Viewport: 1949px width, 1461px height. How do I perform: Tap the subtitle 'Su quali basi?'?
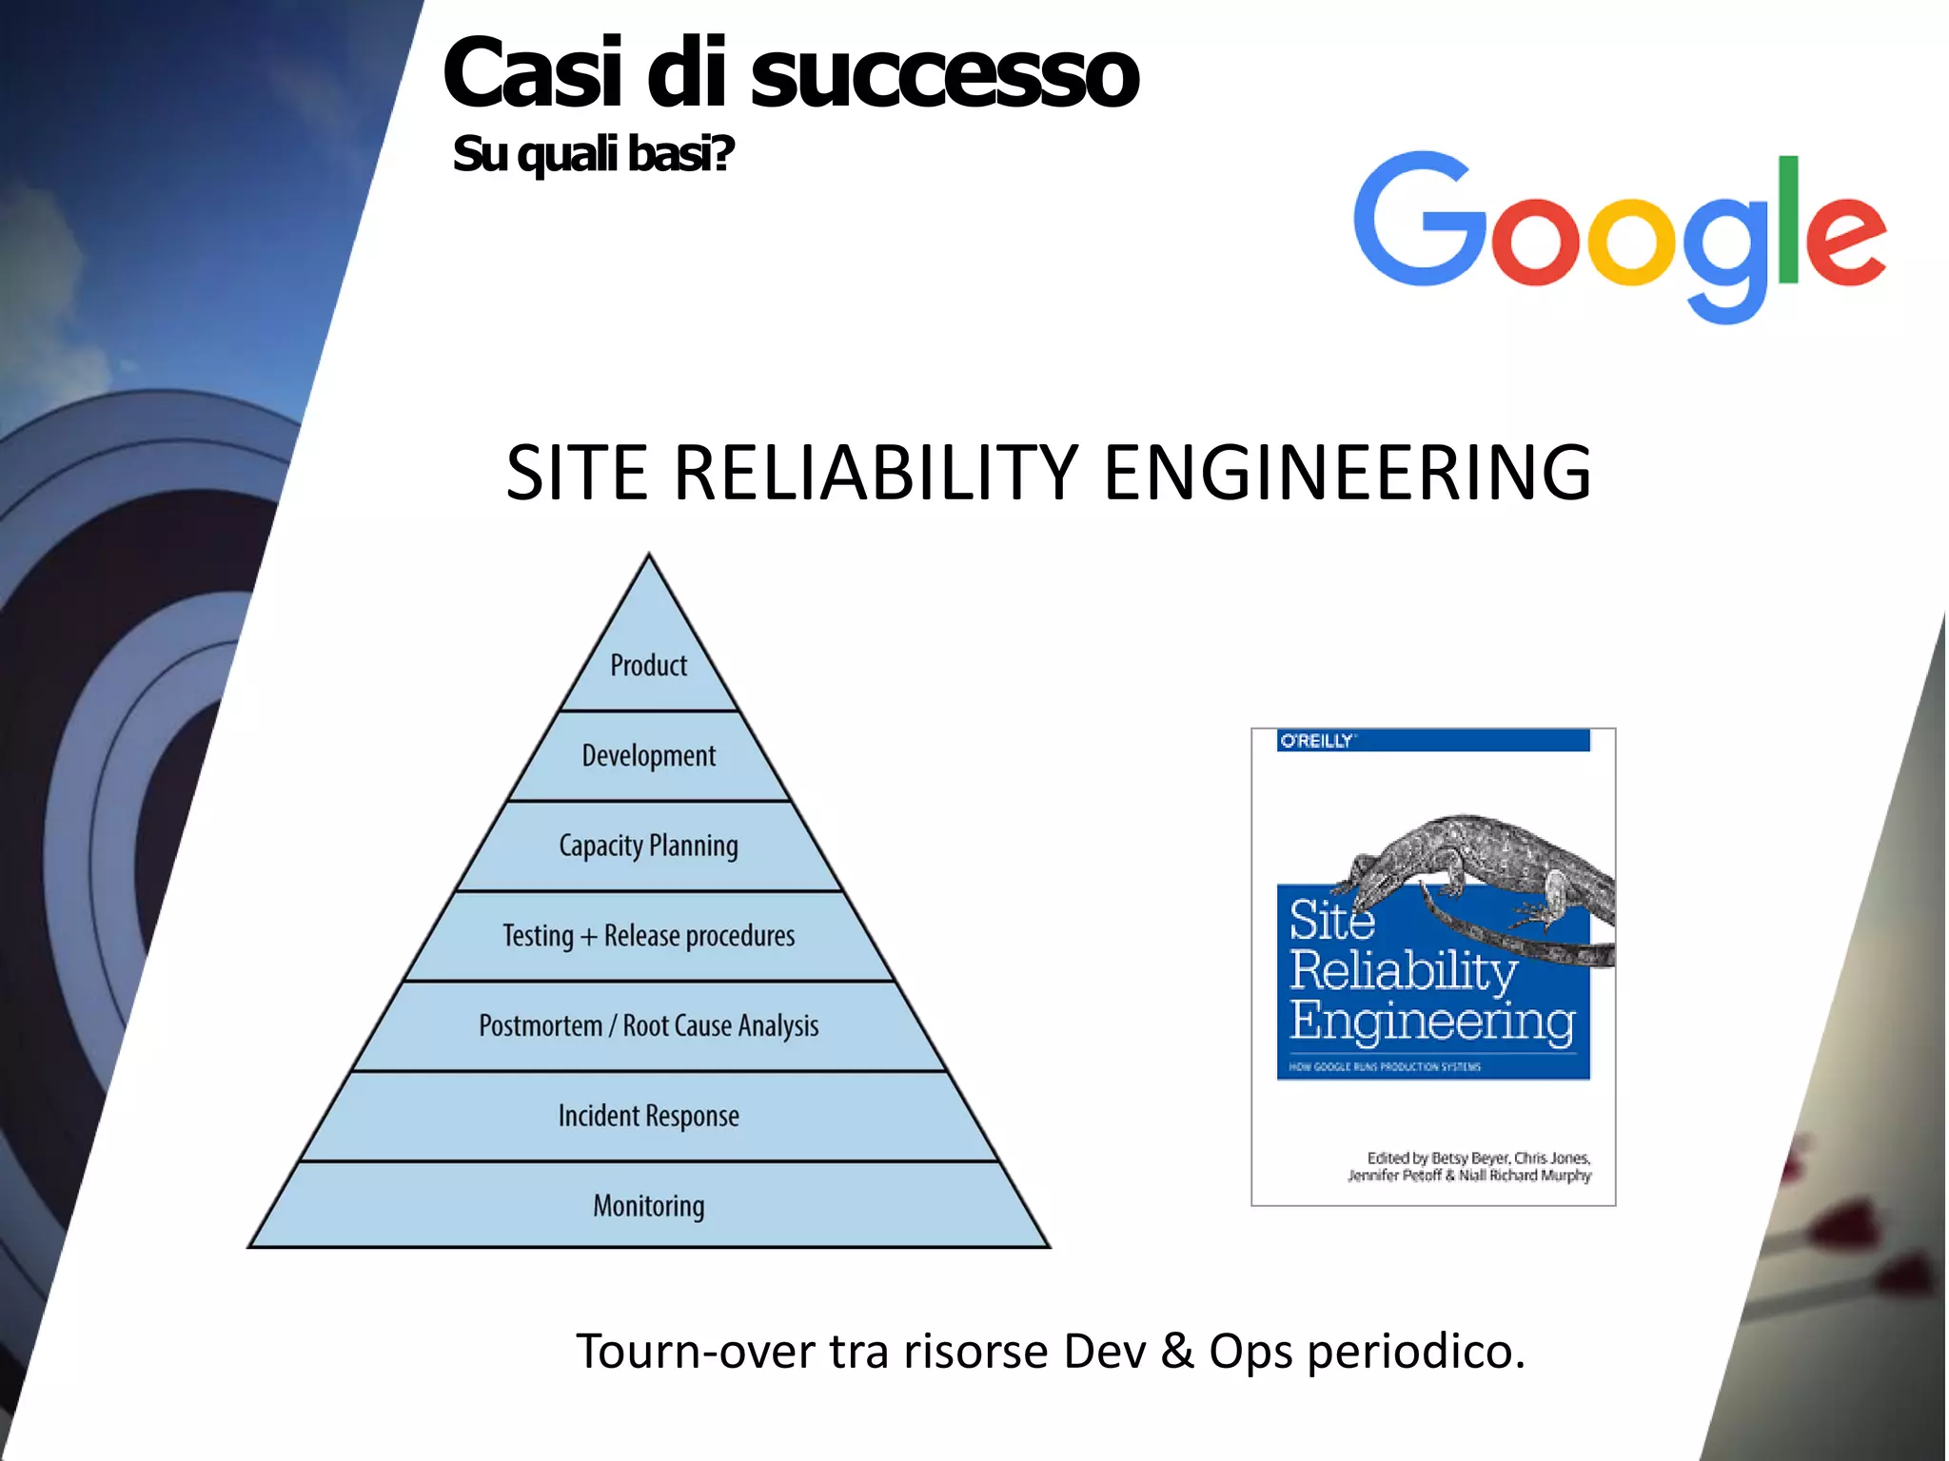[592, 154]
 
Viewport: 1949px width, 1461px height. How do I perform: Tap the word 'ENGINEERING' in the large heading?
[1347, 473]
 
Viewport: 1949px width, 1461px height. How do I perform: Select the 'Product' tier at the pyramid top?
[648, 666]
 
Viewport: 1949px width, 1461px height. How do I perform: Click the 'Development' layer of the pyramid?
[648, 756]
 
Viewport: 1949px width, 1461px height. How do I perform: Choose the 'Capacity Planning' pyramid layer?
[648, 846]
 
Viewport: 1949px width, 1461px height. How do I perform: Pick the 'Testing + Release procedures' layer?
[648, 936]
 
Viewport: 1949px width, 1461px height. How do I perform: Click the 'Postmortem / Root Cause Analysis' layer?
[648, 1026]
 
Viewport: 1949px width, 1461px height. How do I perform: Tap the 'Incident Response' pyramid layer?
[648, 1116]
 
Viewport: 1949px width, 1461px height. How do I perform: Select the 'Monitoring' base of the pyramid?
[648, 1206]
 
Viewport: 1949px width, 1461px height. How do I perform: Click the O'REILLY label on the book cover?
[1316, 741]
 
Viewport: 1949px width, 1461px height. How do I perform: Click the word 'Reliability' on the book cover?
[1403, 970]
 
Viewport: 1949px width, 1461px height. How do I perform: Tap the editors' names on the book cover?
[1470, 1167]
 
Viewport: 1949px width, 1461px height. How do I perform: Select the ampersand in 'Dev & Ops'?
[1176, 1352]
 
